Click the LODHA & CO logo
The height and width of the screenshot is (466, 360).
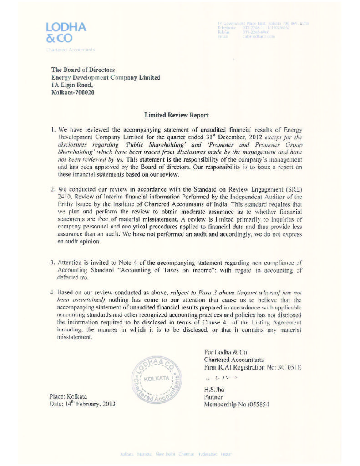[x=66, y=32]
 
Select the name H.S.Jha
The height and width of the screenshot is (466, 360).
[x=214, y=389]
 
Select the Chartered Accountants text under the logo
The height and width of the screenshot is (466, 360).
[x=71, y=50]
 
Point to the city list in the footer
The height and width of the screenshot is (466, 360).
[x=176, y=454]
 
